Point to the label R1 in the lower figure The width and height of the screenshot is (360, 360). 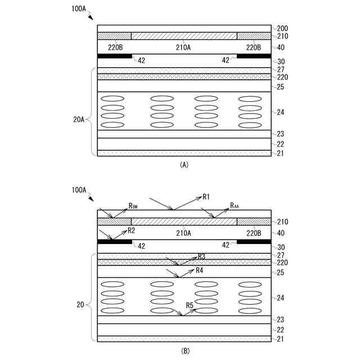tap(206, 197)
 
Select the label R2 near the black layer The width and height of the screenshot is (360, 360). tap(131, 230)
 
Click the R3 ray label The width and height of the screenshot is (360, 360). tap(201, 256)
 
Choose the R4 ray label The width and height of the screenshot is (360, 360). tap(200, 271)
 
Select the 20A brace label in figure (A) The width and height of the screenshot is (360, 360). tap(80, 119)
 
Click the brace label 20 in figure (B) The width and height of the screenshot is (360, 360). tap(80, 305)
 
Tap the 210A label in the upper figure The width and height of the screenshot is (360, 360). tap(184, 47)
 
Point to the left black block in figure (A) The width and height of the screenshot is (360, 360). tap(115, 56)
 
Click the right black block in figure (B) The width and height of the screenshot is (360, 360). tap(254, 242)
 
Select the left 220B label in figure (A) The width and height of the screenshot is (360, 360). tap(116, 47)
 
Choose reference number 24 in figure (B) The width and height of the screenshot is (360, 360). tap(280, 298)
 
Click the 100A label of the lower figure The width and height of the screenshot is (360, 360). tap(79, 190)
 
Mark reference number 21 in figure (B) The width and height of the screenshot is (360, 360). tap(280, 339)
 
